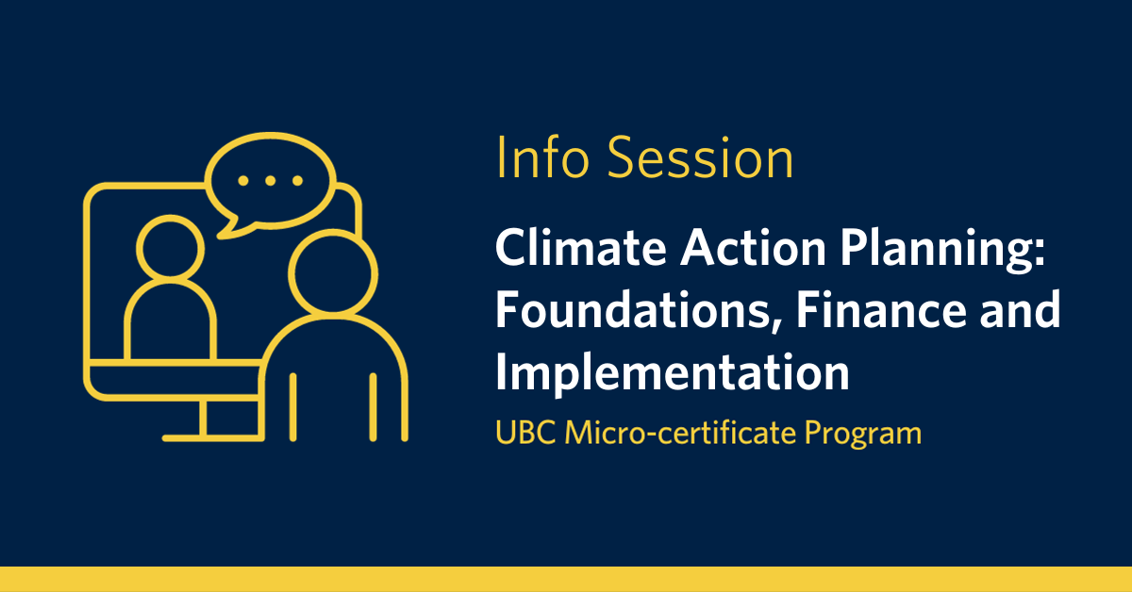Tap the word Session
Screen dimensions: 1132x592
pyautogui.click(x=700, y=157)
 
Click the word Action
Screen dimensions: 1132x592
pyautogui.click(x=753, y=248)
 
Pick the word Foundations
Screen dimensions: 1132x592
pyautogui.click(x=633, y=310)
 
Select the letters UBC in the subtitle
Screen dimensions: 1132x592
pyautogui.click(x=525, y=433)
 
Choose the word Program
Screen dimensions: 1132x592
pyautogui.click(x=863, y=434)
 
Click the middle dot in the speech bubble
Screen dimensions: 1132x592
pyautogui.click(x=271, y=180)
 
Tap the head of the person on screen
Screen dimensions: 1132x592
pyautogui.click(x=171, y=247)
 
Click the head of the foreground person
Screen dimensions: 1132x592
pyautogui.click(x=333, y=273)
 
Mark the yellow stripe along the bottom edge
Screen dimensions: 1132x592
pyautogui.click(x=566, y=579)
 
